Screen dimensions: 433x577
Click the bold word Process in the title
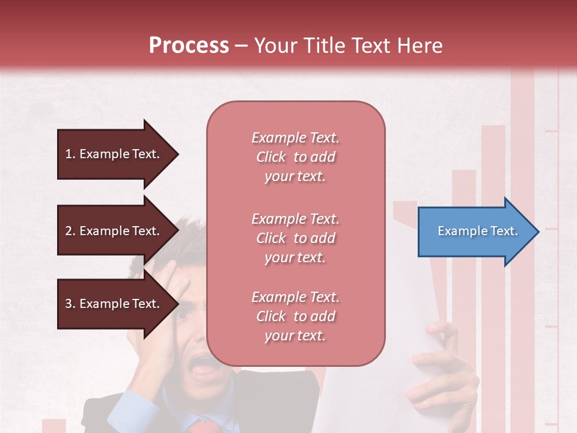189,46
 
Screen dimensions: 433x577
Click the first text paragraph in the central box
295,157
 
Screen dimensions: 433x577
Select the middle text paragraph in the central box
295,238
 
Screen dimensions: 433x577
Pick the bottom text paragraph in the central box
295,316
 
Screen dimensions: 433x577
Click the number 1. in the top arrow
70,154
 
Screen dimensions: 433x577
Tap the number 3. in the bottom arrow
70,304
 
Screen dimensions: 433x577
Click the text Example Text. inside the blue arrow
478,231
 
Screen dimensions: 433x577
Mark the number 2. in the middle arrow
70,231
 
